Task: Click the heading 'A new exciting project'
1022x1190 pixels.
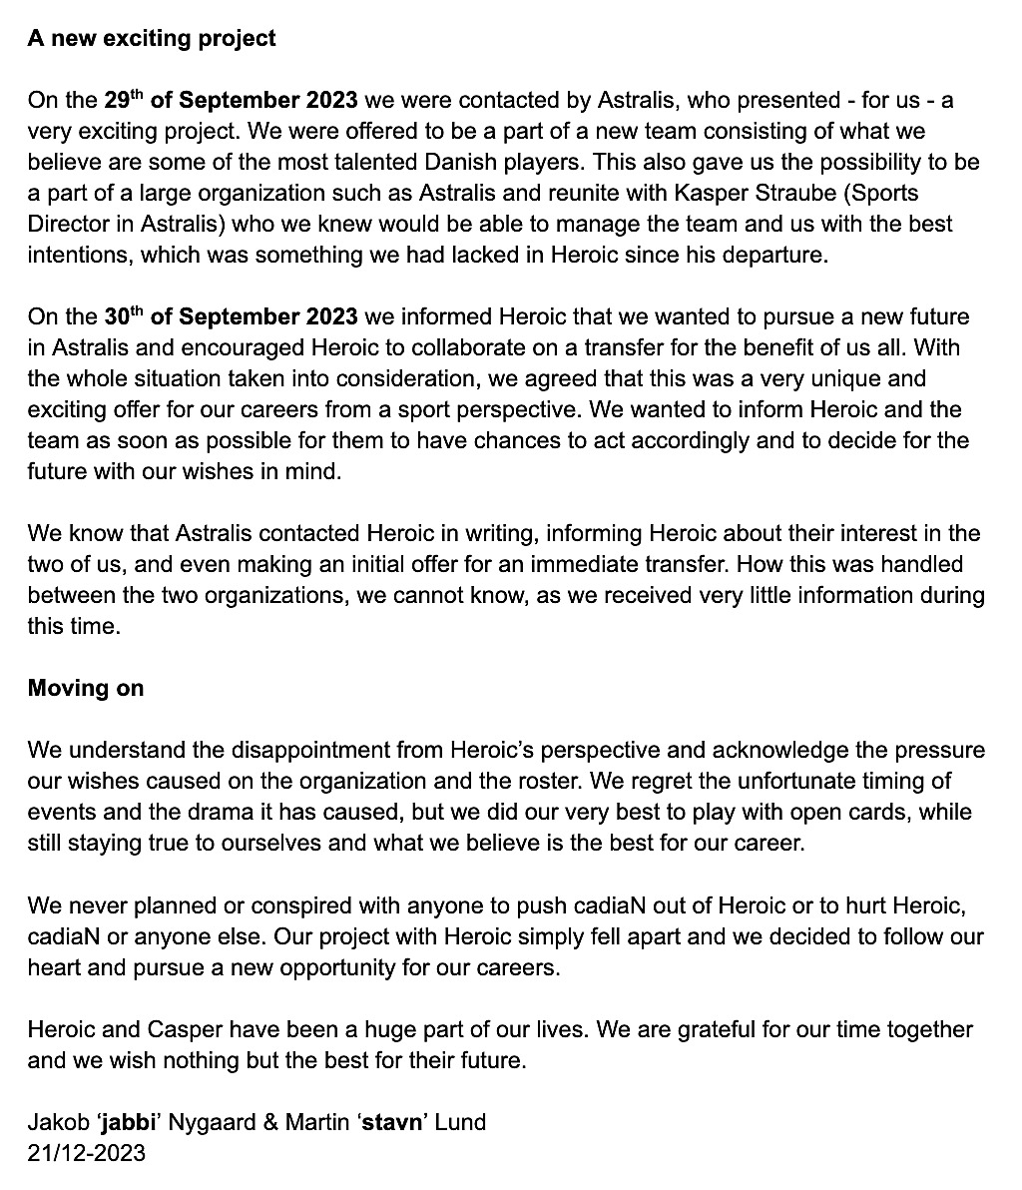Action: (152, 39)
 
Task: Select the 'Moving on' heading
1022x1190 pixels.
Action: (86, 688)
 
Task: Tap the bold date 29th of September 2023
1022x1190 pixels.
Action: (231, 100)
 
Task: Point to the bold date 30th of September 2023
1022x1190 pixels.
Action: (231, 316)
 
